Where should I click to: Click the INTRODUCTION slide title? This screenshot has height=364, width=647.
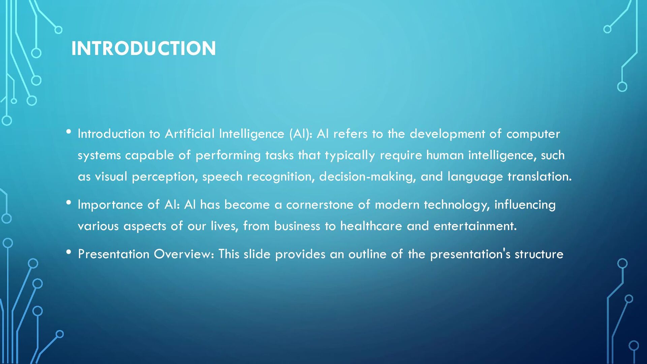click(143, 48)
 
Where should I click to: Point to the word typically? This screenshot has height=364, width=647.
click(349, 156)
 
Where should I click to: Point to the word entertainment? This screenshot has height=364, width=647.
click(475, 226)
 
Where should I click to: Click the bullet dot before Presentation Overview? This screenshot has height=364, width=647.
click(69, 252)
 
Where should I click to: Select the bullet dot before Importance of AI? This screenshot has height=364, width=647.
click(69, 203)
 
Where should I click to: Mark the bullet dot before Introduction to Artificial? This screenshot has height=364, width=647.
click(69, 132)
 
